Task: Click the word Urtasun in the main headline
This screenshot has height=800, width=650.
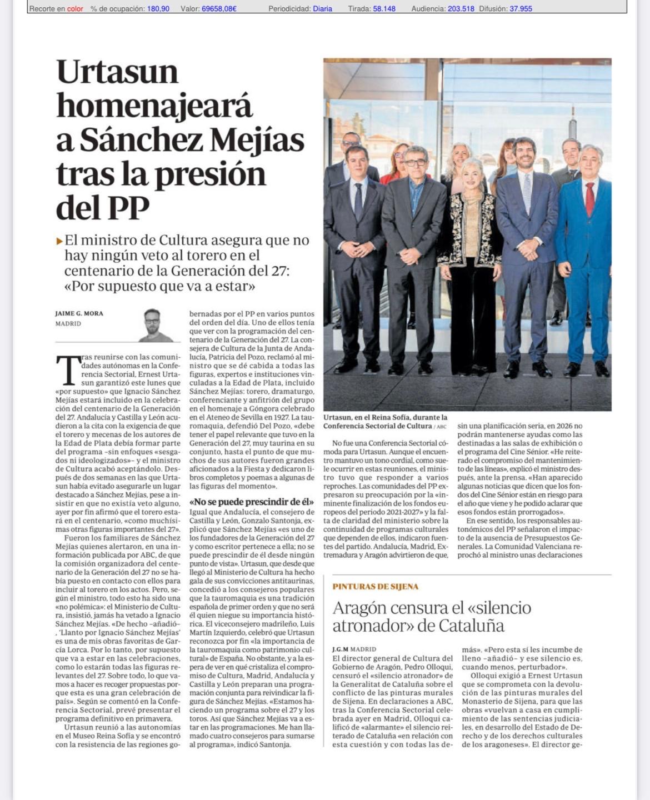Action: pos(117,72)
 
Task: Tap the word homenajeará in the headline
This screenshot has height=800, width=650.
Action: pos(154,106)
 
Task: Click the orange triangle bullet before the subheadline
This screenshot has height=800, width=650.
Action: pos(59,241)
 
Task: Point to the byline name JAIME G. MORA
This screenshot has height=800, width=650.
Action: pos(79,313)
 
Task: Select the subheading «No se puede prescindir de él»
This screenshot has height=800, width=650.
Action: pos(252,502)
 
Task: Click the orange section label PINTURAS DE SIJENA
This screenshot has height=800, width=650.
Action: pos(376,587)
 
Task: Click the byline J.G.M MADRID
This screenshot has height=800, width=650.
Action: pos(354,649)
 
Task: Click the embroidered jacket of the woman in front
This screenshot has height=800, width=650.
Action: pos(472,231)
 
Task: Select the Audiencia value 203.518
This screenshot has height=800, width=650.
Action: pos(461,9)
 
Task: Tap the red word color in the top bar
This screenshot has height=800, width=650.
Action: pos(75,9)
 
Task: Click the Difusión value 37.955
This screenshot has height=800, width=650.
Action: pos(521,9)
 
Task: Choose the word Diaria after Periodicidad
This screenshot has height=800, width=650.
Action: pos(323,9)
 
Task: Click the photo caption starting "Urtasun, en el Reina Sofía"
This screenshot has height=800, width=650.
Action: pos(385,421)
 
